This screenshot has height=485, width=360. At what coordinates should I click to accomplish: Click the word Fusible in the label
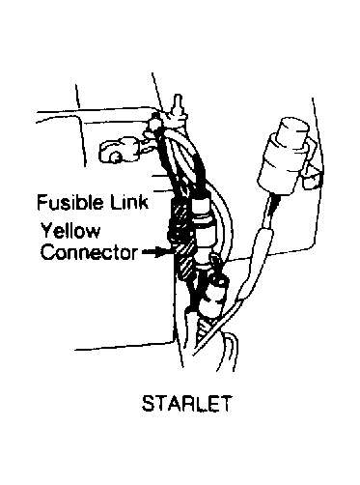[x=70, y=202]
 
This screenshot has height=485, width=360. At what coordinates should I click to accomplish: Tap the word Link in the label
[x=129, y=202]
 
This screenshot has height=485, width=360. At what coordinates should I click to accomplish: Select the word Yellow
[x=70, y=231]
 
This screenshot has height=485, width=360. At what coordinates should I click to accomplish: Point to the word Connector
[x=89, y=252]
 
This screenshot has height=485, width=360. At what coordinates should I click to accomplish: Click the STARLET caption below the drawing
[x=186, y=403]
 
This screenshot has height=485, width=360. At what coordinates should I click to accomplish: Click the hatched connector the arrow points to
[x=184, y=259]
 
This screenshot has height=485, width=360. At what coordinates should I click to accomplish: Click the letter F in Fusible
[x=42, y=202]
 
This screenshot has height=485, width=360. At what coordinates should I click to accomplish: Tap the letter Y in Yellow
[x=47, y=231]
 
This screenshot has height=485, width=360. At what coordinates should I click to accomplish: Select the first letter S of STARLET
[x=148, y=403]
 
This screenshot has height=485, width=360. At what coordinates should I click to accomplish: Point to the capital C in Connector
[x=47, y=252]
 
